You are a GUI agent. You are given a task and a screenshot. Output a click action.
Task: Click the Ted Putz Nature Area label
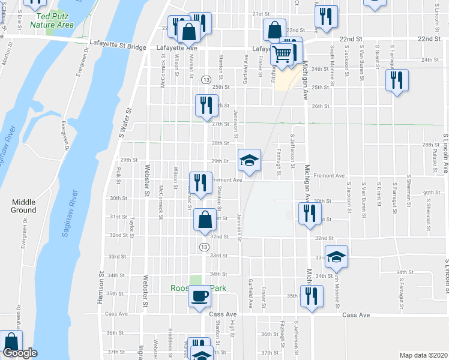click(x=53, y=20)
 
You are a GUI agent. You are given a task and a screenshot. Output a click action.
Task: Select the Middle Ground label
click(x=23, y=206)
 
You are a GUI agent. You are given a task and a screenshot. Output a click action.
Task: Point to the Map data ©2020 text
click(x=423, y=355)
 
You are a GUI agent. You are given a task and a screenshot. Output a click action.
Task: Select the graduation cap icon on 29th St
click(x=249, y=160)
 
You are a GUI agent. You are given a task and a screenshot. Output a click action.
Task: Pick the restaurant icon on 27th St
click(x=205, y=104)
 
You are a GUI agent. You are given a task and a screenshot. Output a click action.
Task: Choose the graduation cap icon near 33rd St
click(x=337, y=256)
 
